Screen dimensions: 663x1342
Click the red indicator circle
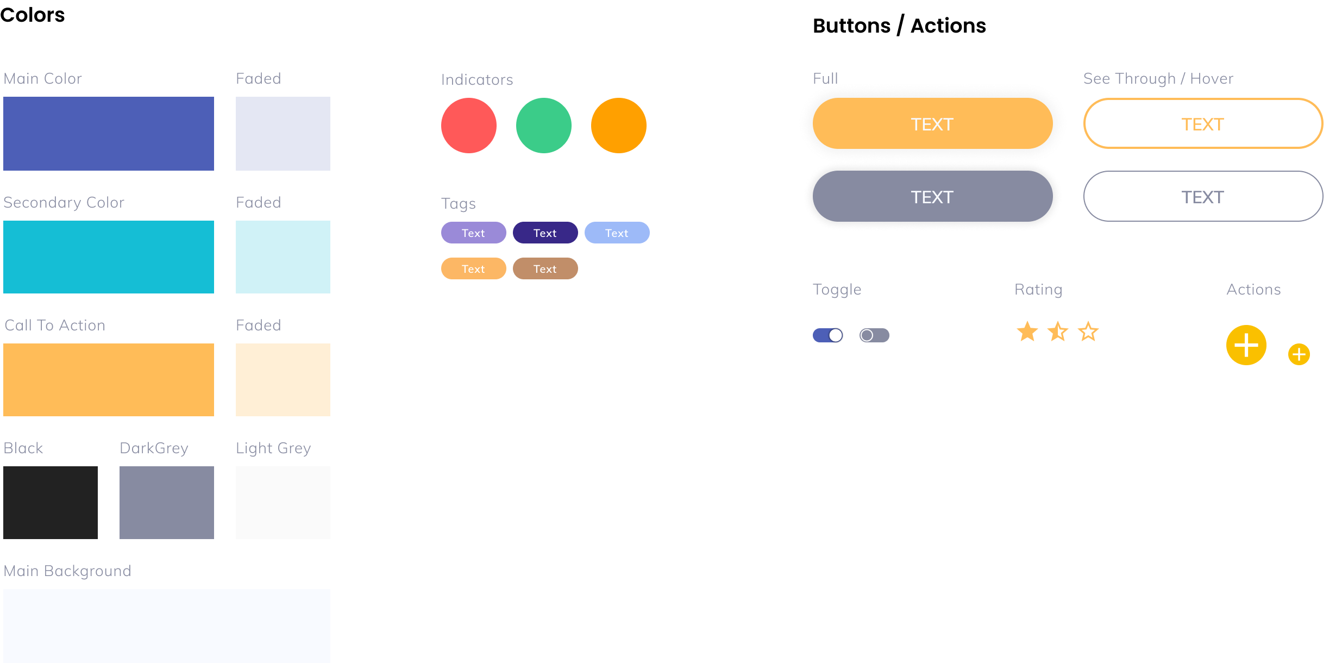point(468,126)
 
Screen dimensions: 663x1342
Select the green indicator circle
point(543,126)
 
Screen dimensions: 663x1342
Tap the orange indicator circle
point(618,126)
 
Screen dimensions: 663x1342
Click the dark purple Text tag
point(545,233)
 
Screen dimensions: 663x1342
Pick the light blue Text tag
point(617,233)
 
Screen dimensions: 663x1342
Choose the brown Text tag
point(545,268)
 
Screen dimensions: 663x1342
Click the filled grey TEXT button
point(932,196)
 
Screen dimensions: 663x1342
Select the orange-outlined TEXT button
point(1202,123)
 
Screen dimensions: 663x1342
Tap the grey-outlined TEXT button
point(1202,196)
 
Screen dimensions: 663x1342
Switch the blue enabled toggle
point(827,335)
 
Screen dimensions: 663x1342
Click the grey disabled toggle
point(874,335)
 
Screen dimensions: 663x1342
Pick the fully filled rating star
point(1027,331)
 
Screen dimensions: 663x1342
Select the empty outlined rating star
point(1088,331)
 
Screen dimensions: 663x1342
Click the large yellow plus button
point(1246,345)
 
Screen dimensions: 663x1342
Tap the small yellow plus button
point(1299,354)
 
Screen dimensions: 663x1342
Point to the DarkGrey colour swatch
point(166,502)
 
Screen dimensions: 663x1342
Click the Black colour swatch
point(51,502)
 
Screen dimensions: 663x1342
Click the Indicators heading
point(476,80)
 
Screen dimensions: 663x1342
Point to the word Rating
point(1038,289)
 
